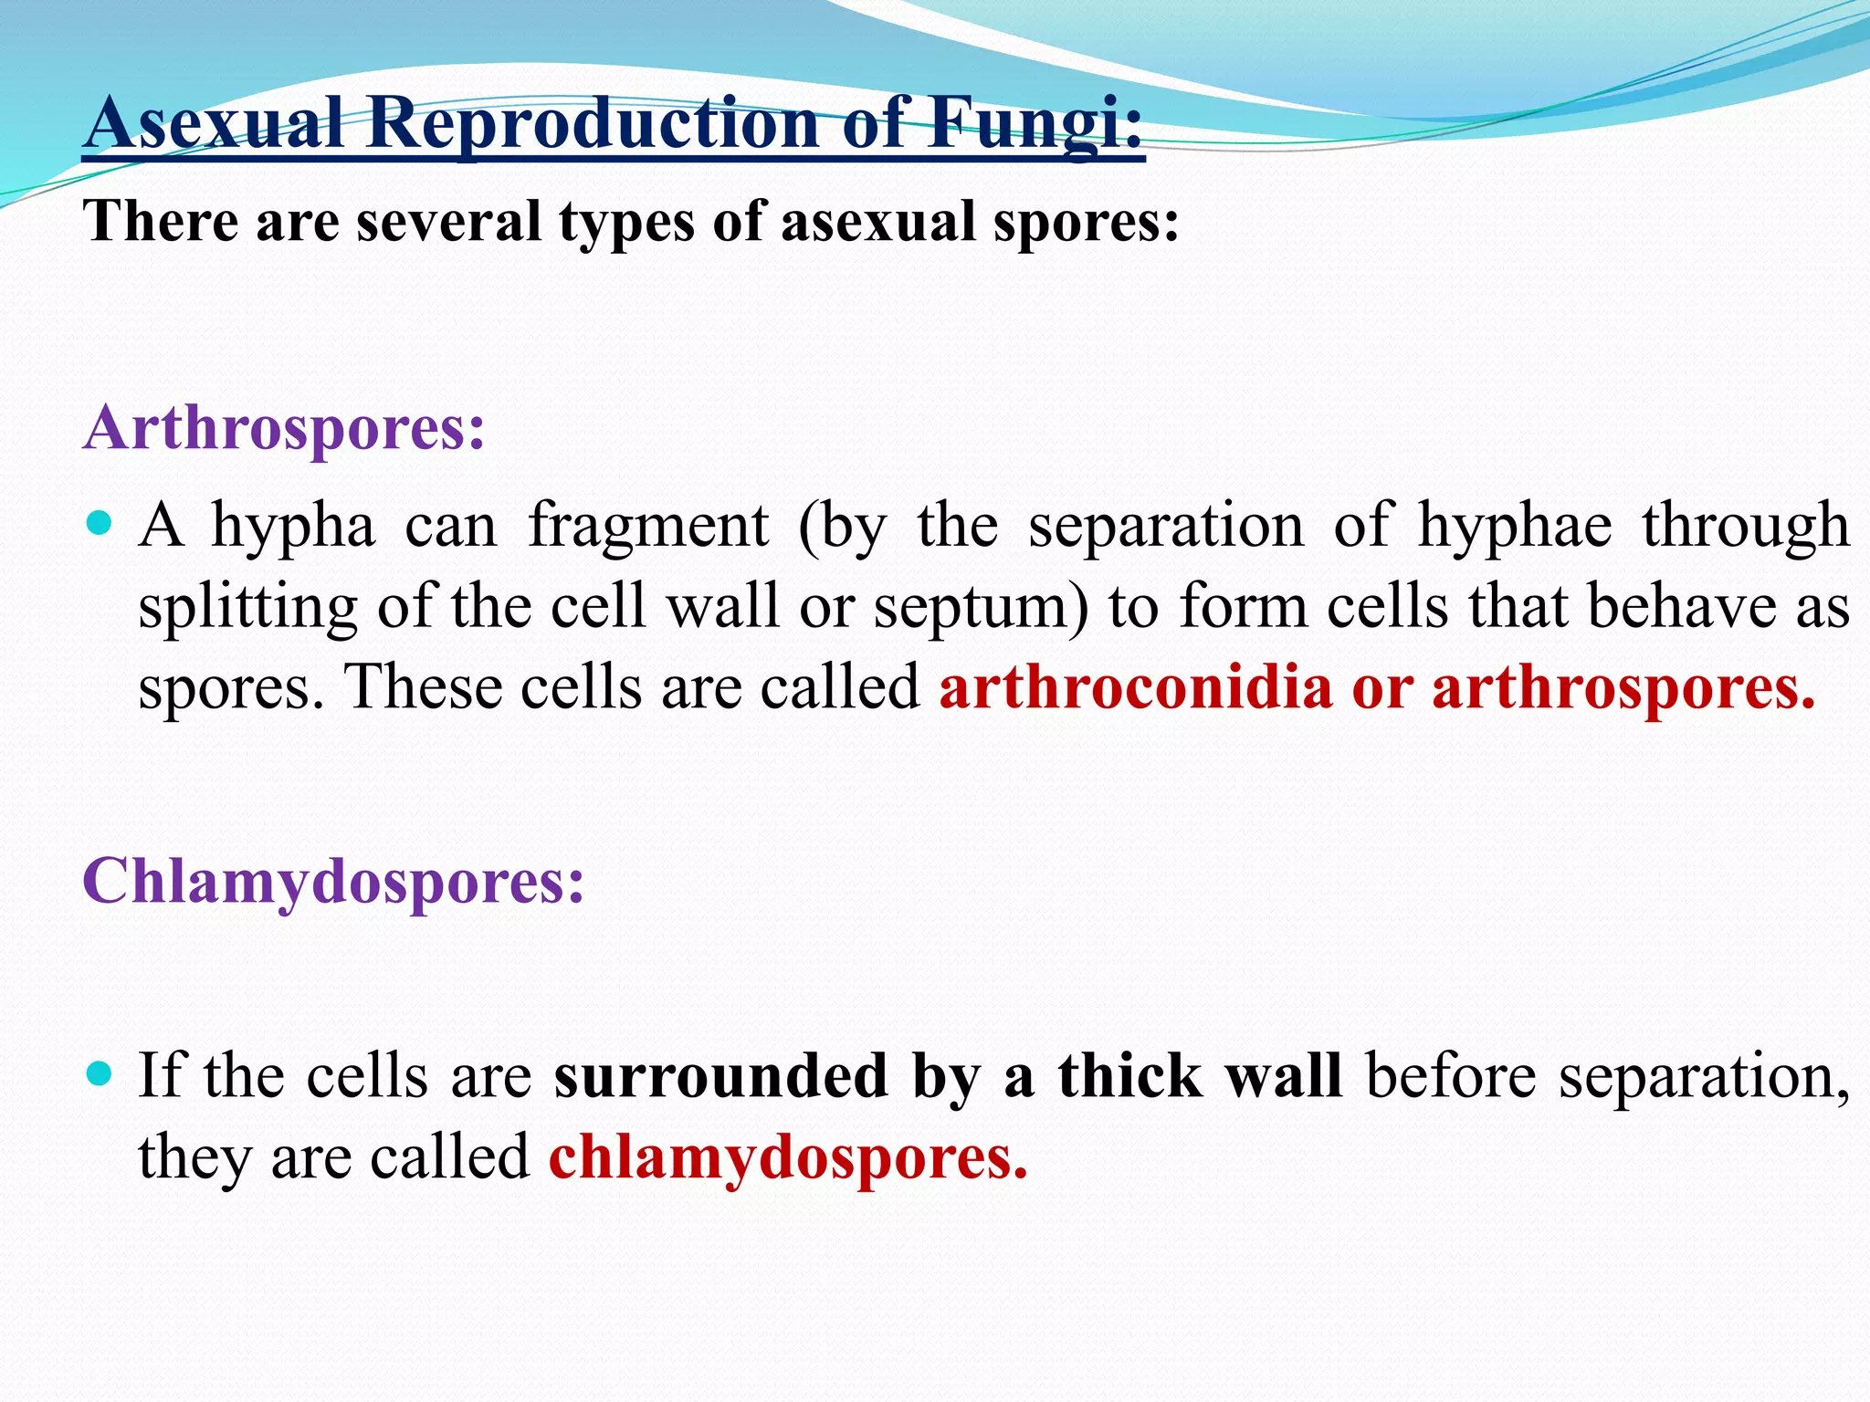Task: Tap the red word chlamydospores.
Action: point(788,1156)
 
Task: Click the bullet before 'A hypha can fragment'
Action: point(99,525)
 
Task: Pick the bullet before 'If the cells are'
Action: point(99,1073)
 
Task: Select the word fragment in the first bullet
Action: point(648,527)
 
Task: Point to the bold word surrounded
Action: point(720,1075)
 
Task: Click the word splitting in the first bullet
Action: point(247,607)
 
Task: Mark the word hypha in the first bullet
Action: point(293,528)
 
